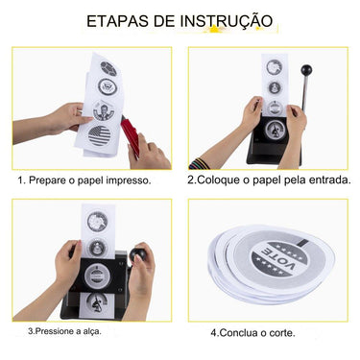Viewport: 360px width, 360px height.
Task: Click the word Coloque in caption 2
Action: (x=223, y=180)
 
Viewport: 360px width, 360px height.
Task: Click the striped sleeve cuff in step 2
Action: (x=204, y=155)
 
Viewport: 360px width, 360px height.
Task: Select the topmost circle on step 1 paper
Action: (x=108, y=69)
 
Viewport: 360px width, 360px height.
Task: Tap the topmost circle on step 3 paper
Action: (x=98, y=221)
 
